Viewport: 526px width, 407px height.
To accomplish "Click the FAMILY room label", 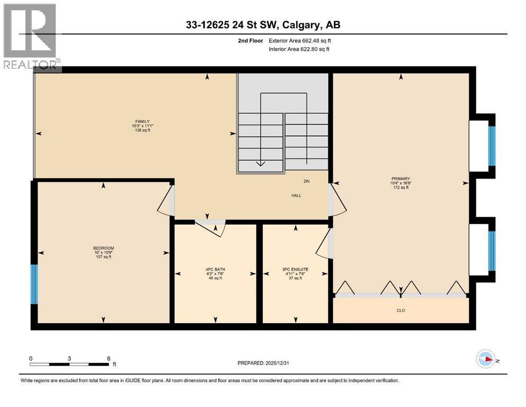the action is click(142, 121).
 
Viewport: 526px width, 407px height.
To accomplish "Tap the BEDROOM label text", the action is click(104, 249).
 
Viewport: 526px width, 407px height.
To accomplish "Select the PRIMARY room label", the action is click(400, 179).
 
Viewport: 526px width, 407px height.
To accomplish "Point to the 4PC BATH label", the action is click(216, 269).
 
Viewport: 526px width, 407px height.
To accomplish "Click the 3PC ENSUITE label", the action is click(295, 269).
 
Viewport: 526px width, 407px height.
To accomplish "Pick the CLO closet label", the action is click(401, 311).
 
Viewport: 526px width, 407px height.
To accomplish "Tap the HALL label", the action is click(296, 196).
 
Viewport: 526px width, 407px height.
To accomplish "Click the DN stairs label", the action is click(307, 182).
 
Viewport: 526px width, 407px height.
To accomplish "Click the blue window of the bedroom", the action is click(34, 284).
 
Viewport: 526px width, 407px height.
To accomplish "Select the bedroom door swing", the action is click(165, 201).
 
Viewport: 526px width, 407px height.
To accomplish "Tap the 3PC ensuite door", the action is click(324, 244).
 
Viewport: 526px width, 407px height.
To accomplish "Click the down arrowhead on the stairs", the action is click(261, 164).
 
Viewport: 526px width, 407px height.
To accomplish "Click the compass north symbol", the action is click(486, 359).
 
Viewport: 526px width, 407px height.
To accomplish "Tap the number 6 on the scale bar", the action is click(109, 358).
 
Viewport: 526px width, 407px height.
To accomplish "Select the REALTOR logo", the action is click(31, 37).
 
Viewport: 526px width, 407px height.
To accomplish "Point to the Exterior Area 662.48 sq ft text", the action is click(300, 41).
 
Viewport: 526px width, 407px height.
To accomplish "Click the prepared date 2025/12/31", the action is click(277, 363).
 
